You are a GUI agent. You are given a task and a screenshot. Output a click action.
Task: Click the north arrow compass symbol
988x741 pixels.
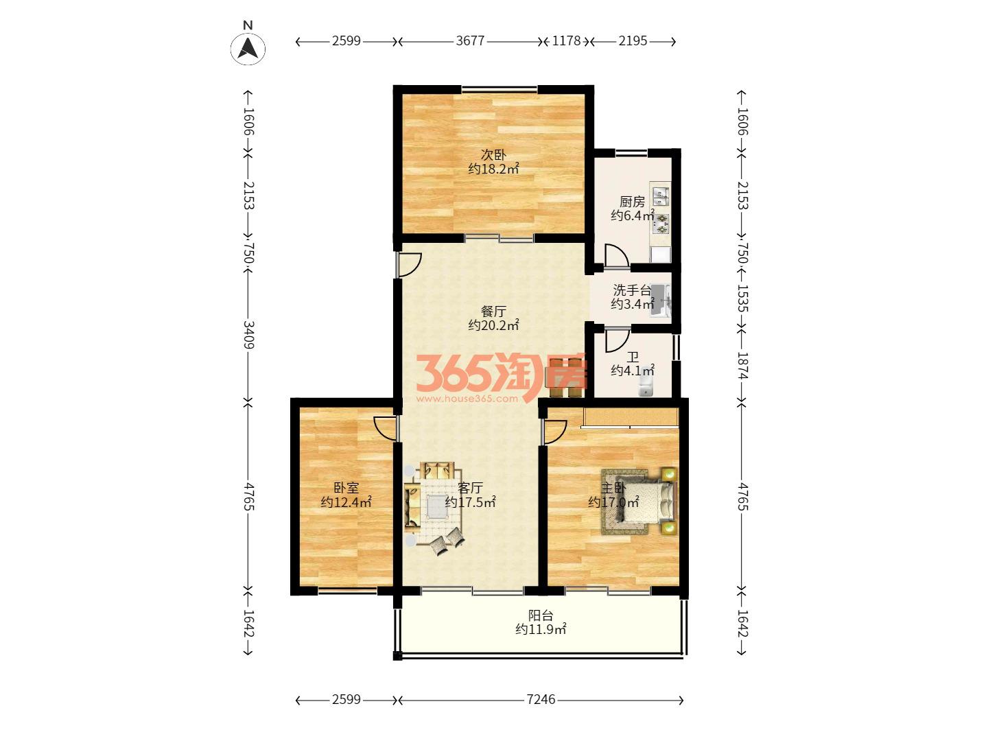(248, 48)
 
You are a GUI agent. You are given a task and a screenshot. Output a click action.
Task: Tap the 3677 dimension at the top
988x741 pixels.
(470, 41)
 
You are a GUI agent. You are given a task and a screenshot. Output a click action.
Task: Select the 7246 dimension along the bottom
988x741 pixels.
(541, 700)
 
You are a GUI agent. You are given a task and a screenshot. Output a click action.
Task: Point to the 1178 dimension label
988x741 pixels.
(566, 41)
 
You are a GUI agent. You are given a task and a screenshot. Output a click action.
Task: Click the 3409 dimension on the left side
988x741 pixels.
(248, 335)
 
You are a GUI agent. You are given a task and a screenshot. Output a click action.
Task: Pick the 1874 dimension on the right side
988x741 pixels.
(742, 365)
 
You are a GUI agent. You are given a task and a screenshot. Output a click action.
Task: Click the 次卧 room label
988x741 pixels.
(493, 155)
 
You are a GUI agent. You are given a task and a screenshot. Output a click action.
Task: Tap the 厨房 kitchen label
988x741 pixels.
(632, 202)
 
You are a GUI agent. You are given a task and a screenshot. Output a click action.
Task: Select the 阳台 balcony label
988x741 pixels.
(541, 615)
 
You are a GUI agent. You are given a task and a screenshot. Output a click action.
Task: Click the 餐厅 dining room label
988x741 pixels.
(493, 311)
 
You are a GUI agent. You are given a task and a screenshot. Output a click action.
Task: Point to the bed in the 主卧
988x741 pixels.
(646, 502)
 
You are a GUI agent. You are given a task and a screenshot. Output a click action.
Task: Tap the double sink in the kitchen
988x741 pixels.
(660, 194)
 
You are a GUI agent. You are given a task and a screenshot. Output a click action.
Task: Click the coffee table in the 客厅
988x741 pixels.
(434, 506)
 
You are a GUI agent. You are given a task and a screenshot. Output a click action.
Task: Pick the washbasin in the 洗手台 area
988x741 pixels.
(660, 301)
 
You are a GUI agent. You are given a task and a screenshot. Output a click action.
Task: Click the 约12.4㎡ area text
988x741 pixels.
(346, 502)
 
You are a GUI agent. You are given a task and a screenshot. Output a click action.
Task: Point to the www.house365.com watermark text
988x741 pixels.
(467, 398)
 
